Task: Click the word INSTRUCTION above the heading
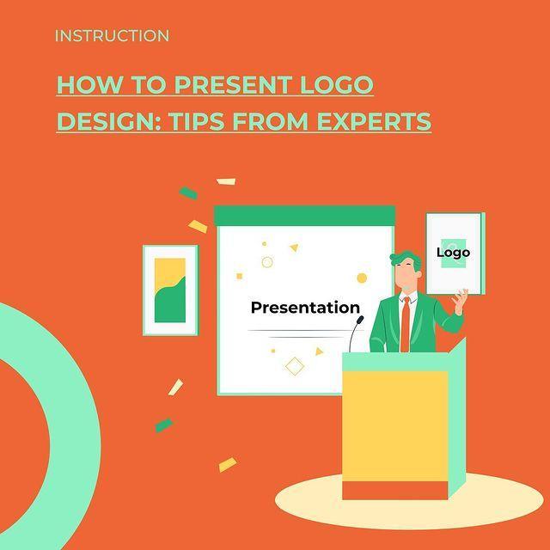point(112,36)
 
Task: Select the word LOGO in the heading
point(336,86)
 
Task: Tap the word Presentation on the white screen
point(305,308)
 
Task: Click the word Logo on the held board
point(453,253)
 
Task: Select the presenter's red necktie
point(405,325)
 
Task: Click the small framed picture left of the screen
point(170,290)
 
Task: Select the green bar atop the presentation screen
point(304,215)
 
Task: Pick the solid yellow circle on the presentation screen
point(362,278)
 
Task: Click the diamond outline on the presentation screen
point(295,368)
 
